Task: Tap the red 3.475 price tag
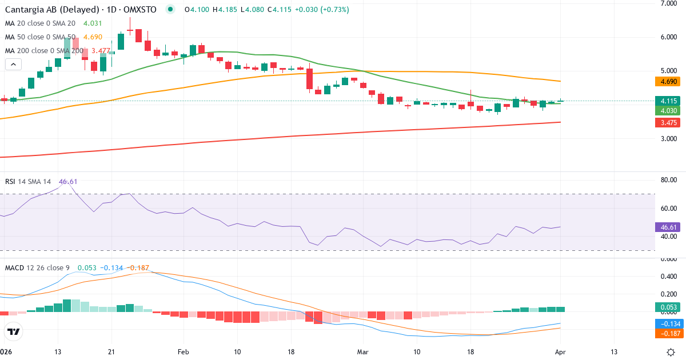(x=667, y=123)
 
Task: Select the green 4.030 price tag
(x=667, y=111)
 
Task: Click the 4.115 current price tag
(x=667, y=101)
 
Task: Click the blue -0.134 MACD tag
(x=667, y=323)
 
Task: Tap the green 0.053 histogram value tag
(x=667, y=307)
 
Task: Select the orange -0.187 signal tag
(x=667, y=333)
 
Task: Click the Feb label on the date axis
(x=183, y=351)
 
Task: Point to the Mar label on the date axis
(x=362, y=351)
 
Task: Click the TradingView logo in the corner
(x=13, y=331)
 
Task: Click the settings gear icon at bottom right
(x=672, y=351)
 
